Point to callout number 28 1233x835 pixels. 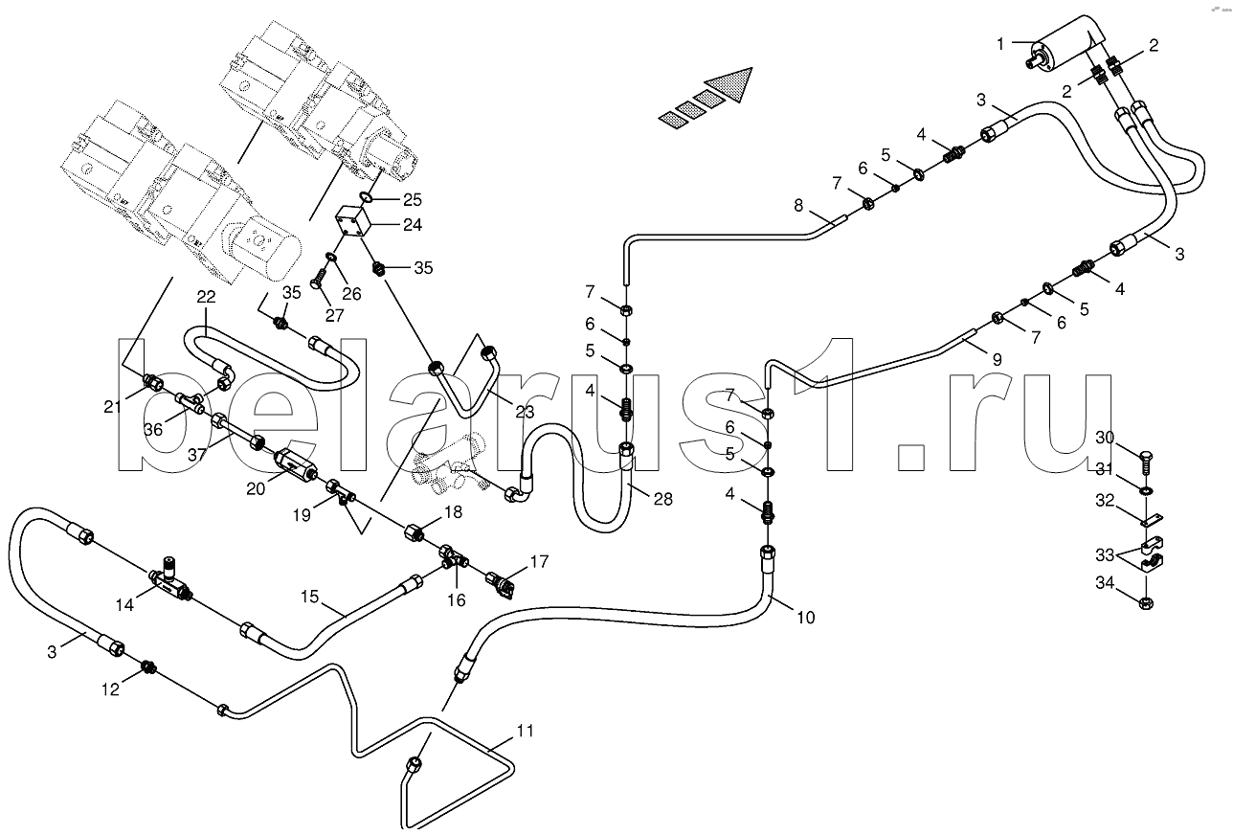click(x=662, y=499)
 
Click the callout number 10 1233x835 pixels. click(x=805, y=618)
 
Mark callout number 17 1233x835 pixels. click(x=540, y=562)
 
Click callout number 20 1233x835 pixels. click(x=255, y=488)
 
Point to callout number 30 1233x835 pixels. click(x=1105, y=438)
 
